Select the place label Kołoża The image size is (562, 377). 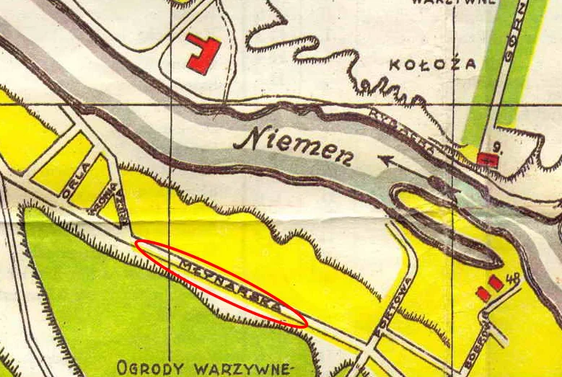pyautogui.click(x=433, y=64)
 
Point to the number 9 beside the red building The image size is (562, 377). pyautogui.click(x=497, y=147)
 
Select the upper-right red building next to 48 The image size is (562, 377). pyautogui.click(x=495, y=283)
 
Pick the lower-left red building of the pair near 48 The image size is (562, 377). pyautogui.click(x=483, y=293)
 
